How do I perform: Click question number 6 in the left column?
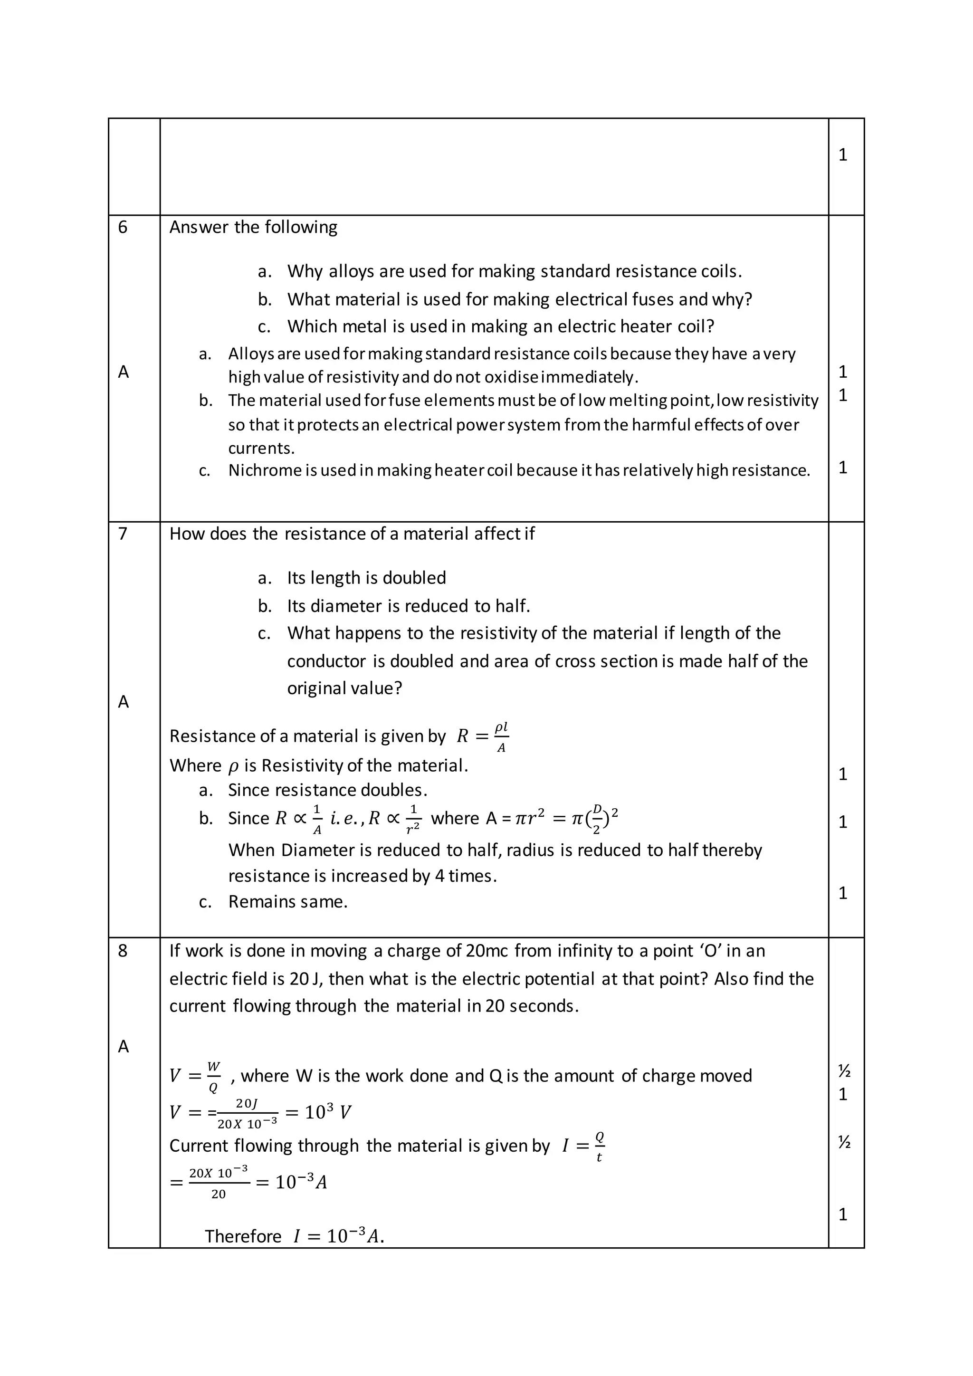point(123,227)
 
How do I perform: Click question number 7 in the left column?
point(123,534)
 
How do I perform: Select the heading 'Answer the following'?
point(253,227)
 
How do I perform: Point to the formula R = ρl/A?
point(483,736)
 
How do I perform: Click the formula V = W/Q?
point(195,1076)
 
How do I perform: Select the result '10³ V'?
point(328,1113)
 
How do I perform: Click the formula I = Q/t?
point(583,1147)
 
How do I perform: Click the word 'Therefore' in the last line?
point(243,1236)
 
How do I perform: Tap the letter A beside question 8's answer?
point(124,1046)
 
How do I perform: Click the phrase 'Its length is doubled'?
point(366,578)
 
